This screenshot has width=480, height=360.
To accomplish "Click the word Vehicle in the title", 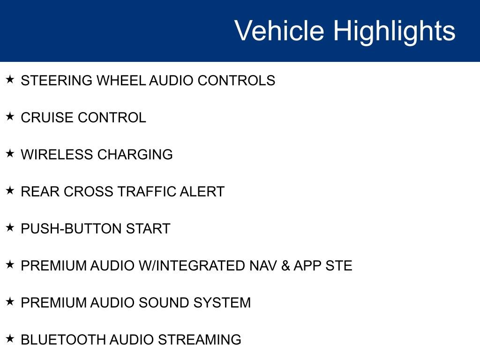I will point(279,31).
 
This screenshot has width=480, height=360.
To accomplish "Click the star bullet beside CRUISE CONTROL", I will point(10,117).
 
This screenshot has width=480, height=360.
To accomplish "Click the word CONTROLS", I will point(236,81).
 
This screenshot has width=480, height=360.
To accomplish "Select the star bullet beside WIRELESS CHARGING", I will point(10,154).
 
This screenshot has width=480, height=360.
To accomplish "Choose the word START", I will point(148,229).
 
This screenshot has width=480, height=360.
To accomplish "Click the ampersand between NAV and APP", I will point(285,266).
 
